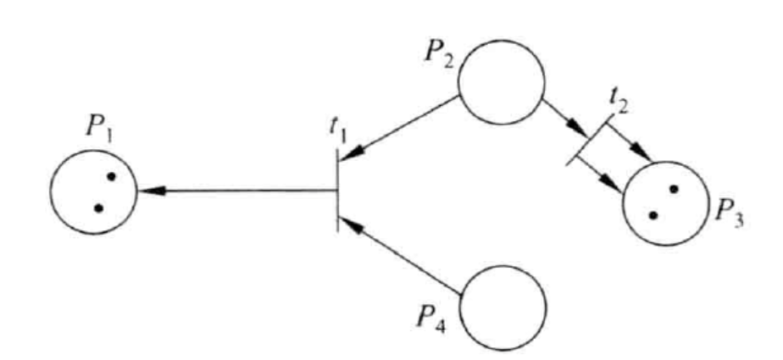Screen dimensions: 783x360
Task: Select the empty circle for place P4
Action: tap(503, 307)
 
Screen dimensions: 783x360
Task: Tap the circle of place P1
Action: tap(92, 192)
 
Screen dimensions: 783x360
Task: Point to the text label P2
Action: tap(440, 55)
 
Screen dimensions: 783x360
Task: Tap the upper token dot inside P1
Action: tap(110, 178)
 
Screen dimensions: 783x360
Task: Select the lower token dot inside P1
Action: tap(98, 208)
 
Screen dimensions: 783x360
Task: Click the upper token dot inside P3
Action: tap(674, 189)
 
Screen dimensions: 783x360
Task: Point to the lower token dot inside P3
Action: tap(653, 215)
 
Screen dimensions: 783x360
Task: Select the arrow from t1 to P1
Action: tap(237, 191)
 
